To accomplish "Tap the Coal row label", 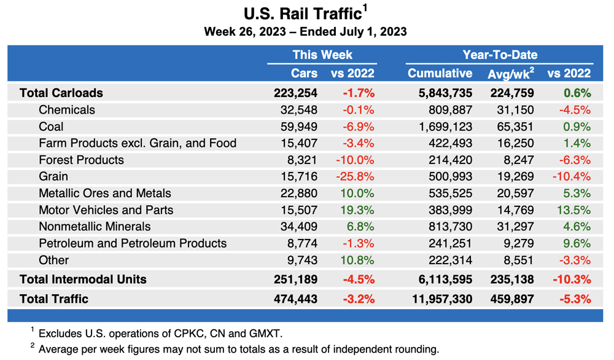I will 51,127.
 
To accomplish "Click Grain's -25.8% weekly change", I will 354,176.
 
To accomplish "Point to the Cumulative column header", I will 440,73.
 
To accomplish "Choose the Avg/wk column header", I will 510,74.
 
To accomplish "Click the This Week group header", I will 322,55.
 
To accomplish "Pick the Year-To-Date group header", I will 499,55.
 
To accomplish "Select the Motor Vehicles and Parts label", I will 106,209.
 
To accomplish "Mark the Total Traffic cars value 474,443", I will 296,299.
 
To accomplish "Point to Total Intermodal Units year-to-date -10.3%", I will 571,279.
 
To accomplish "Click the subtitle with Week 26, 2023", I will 305,31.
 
